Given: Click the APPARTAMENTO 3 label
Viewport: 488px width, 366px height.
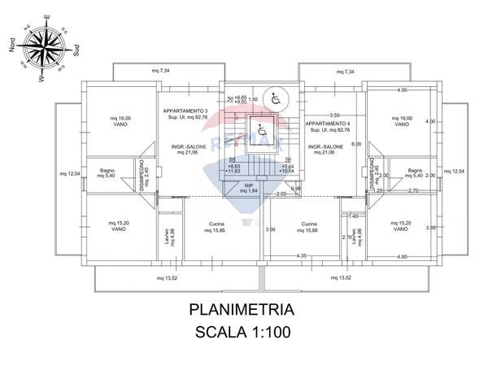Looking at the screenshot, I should pyautogui.click(x=185, y=111).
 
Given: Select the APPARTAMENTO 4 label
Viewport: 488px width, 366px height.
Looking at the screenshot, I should pyautogui.click(x=327, y=123).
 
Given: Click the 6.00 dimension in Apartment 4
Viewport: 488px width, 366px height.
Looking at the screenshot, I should pyautogui.click(x=355, y=144).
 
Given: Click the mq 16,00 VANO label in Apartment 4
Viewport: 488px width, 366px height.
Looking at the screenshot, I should pyautogui.click(x=401, y=120).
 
